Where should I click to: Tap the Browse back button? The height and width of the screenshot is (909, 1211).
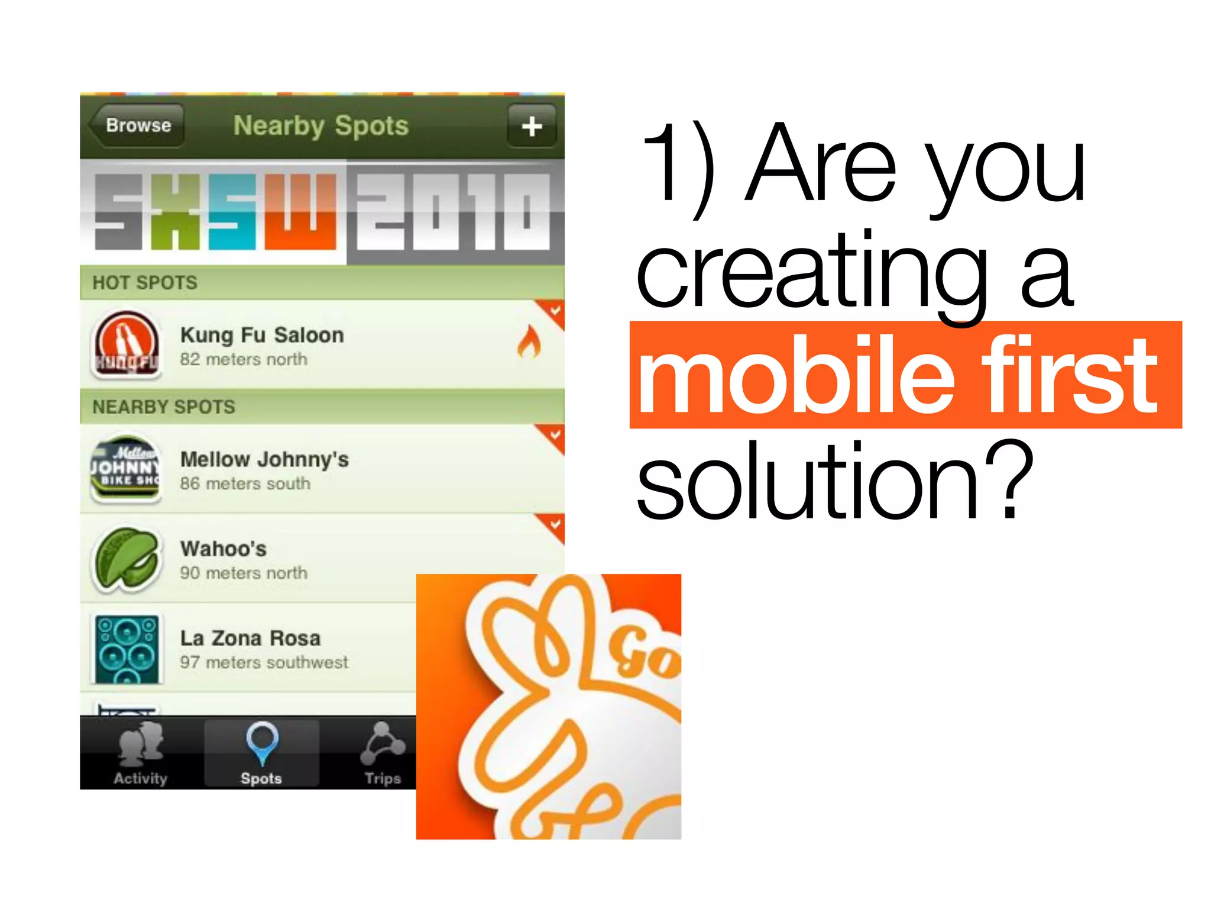tap(137, 125)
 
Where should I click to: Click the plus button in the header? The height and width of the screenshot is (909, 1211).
tap(532, 126)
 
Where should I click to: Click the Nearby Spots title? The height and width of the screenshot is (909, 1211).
tap(321, 126)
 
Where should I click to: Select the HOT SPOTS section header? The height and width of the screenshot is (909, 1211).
tap(145, 283)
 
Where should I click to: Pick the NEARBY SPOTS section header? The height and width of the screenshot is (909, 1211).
tap(164, 407)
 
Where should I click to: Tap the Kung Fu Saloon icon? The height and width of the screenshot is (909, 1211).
tap(127, 345)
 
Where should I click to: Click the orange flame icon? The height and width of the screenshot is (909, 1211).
tap(529, 343)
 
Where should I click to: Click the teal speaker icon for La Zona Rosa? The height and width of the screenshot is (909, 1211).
tap(127, 649)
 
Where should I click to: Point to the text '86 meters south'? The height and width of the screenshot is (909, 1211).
tap(245, 484)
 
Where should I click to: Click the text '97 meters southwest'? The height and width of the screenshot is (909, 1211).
tap(264, 663)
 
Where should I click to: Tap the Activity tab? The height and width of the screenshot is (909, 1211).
tap(141, 753)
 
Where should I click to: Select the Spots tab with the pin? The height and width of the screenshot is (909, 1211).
tap(261, 753)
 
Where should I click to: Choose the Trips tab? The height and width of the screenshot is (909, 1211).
tap(383, 753)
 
